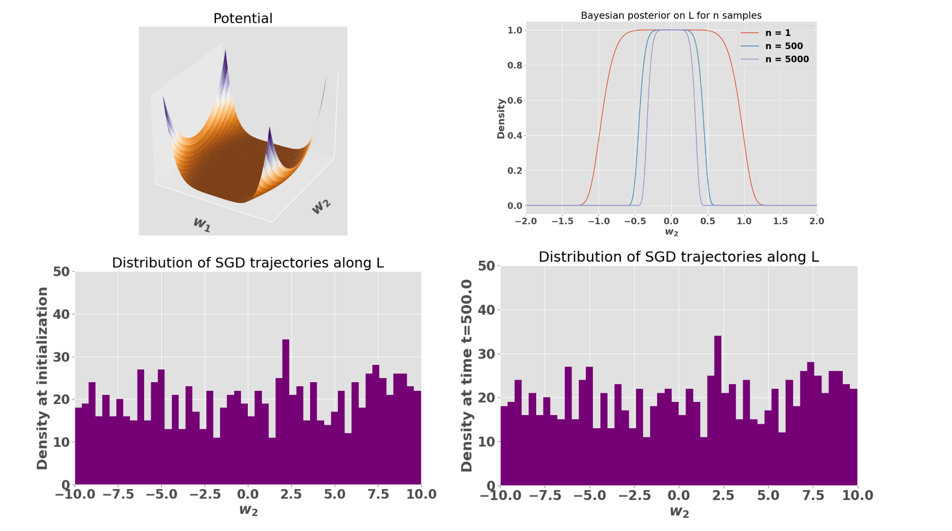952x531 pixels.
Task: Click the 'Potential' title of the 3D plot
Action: pos(243,19)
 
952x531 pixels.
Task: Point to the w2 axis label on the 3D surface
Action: pos(321,206)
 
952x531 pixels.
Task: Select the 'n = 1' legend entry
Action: pos(777,33)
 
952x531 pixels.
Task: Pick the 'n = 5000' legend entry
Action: pos(787,59)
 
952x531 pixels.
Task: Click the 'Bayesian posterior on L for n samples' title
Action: pos(671,16)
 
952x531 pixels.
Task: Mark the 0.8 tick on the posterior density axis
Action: pos(514,65)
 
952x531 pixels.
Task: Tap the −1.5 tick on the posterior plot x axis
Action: pos(562,221)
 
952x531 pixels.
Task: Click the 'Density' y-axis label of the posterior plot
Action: pos(501,118)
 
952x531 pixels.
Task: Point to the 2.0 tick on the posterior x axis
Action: pos(816,221)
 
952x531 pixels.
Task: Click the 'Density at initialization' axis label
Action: pos(42,378)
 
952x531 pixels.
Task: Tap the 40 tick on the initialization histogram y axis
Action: pos(61,314)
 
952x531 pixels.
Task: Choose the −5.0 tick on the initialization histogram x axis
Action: pos(161,495)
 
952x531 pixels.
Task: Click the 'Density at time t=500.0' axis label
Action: pos(467,375)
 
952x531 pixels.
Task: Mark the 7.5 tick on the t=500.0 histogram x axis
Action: pos(813,496)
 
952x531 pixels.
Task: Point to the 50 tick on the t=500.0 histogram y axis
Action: pos(486,266)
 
